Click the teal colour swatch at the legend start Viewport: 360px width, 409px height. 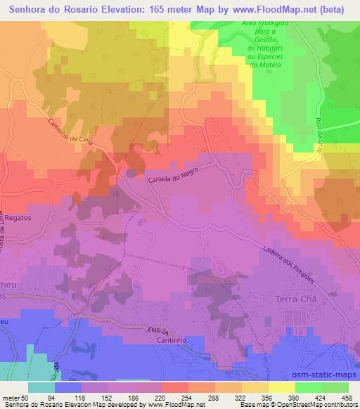[x=42, y=387]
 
